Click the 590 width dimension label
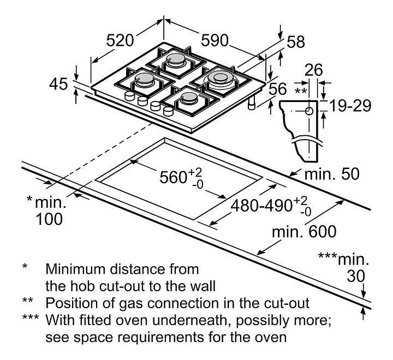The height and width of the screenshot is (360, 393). click(x=215, y=40)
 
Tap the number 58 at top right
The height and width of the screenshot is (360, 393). click(x=296, y=41)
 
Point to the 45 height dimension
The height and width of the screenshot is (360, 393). click(x=58, y=84)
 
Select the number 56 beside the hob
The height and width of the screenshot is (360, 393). click(x=278, y=89)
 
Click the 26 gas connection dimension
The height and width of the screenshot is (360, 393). click(x=314, y=69)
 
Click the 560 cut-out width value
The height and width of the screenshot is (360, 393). click(x=174, y=178)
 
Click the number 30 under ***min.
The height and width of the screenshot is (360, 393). click(x=355, y=276)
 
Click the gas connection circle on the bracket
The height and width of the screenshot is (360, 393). click(x=309, y=110)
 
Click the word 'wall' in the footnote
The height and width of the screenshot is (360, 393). click(x=203, y=285)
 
